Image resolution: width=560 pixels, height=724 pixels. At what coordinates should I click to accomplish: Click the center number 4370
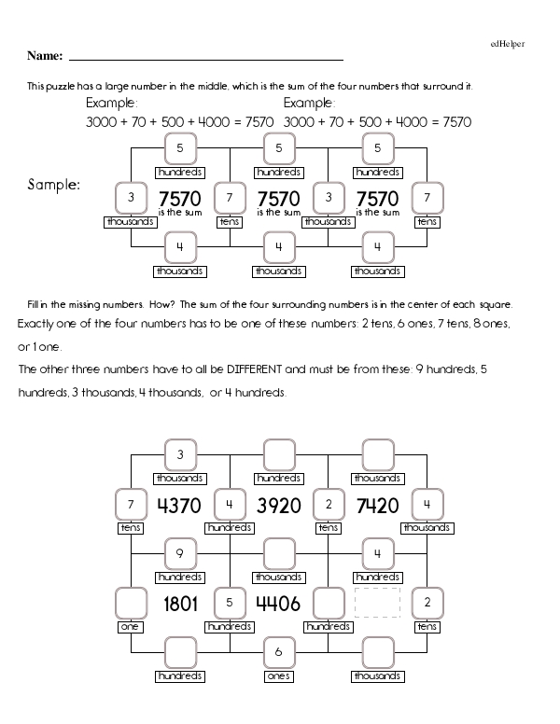[180, 507]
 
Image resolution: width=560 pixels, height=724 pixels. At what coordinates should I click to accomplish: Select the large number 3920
[278, 507]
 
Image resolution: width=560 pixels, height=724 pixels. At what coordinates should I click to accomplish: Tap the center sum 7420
[377, 507]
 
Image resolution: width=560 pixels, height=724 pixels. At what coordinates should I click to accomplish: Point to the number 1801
[180, 604]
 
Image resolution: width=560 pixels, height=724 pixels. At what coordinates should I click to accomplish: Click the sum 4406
[278, 604]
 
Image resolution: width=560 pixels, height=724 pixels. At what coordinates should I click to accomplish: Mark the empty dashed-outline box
[377, 603]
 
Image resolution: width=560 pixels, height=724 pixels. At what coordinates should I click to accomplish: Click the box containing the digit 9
[180, 555]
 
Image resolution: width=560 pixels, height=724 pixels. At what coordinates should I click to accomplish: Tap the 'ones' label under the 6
[278, 675]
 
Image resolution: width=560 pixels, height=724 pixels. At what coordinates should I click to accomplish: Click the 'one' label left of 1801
[130, 627]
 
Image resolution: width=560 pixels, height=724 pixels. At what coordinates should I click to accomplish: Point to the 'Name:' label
[45, 56]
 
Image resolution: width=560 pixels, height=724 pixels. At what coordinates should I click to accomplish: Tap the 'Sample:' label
[54, 184]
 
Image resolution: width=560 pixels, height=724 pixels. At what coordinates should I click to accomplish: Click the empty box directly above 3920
[278, 456]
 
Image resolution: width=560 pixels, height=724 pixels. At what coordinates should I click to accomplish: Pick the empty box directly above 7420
[377, 456]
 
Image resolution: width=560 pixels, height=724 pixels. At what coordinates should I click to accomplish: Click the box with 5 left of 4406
[229, 603]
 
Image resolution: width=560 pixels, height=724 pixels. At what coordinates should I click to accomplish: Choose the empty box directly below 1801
[180, 652]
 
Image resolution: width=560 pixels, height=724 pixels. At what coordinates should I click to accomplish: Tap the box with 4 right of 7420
[427, 505]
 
